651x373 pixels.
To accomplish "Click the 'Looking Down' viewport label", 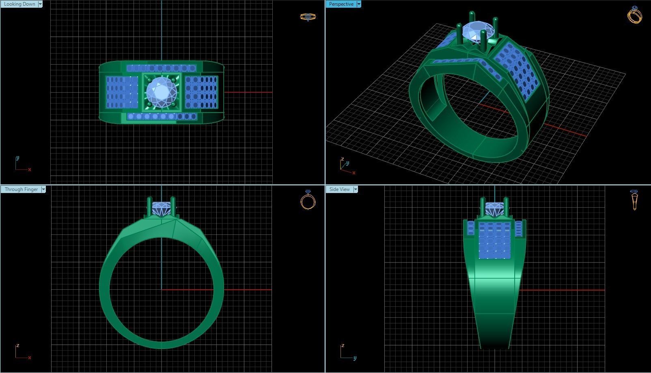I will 19,4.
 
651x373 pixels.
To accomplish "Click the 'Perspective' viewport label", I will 341,4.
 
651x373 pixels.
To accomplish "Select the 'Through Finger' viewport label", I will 21,189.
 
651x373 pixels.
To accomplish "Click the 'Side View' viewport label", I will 339,189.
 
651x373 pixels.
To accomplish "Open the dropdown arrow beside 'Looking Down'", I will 40,4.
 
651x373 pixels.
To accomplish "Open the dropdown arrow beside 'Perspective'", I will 359,4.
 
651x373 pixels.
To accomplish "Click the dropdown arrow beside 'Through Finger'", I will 43,189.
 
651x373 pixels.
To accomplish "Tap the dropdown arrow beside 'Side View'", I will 356,189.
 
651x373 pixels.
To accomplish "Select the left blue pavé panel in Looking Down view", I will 122,92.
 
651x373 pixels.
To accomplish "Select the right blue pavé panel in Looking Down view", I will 201,92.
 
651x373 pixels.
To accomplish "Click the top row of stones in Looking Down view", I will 162,68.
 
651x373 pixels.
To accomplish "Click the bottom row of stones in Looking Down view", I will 162,117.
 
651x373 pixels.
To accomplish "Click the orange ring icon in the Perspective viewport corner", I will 634,15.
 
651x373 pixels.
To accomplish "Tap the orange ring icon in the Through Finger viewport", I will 308,200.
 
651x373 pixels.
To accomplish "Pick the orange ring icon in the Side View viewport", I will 634,200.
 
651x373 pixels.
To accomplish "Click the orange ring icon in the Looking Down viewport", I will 308,17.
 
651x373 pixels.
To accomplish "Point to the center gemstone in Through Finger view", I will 162,209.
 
